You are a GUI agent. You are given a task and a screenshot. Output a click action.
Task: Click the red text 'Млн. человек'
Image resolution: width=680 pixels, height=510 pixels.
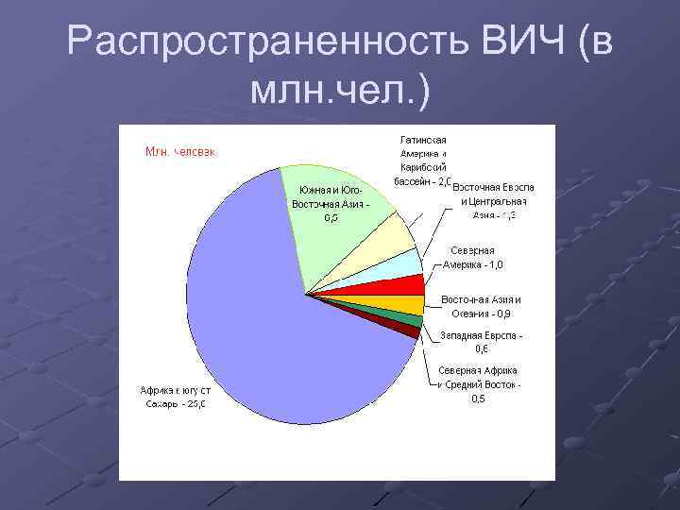[x=179, y=152]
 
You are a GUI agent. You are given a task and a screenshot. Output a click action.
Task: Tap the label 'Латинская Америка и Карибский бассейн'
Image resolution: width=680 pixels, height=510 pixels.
[x=422, y=161]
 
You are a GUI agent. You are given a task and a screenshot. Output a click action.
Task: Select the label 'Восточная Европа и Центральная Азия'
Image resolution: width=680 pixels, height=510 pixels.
[x=493, y=201]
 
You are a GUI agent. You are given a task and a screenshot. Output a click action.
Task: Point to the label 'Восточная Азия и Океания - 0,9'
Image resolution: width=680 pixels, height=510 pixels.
[x=481, y=306]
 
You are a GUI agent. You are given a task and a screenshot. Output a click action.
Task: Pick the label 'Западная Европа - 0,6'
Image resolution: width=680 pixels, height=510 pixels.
[x=482, y=342]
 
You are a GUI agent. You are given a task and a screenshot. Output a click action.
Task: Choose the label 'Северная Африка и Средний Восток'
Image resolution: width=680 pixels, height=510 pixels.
[x=479, y=384]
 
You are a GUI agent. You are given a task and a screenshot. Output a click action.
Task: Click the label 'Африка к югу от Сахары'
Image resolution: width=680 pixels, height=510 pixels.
[x=175, y=397]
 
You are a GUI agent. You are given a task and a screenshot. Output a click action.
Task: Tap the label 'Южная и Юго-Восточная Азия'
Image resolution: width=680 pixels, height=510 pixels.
[x=330, y=203]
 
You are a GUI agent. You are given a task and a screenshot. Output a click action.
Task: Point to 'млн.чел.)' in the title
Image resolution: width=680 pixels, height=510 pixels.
[x=339, y=92]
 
